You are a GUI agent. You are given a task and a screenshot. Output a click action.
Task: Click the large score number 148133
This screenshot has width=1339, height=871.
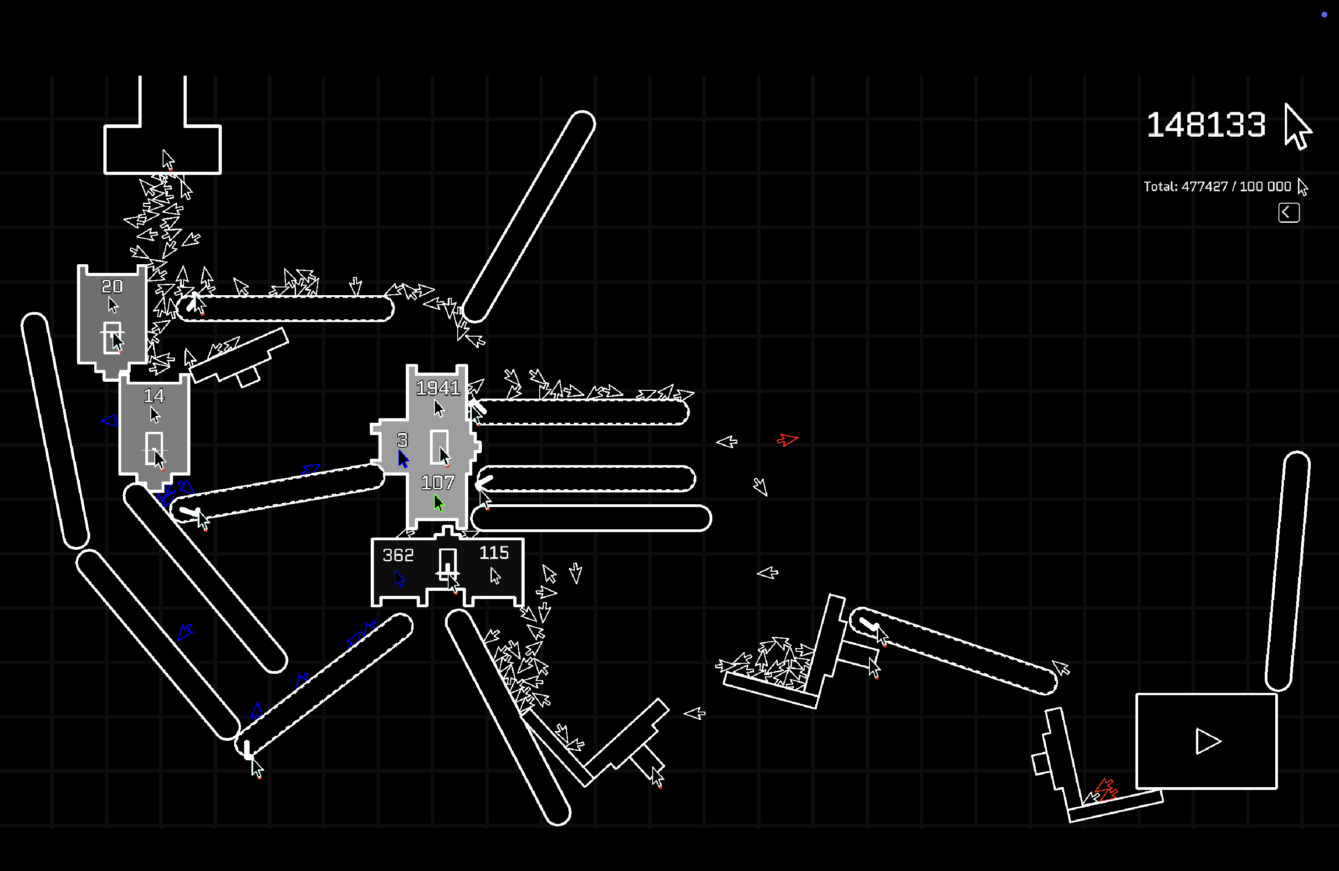click(x=1206, y=125)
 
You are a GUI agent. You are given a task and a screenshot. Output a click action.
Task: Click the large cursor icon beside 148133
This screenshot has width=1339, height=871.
click(x=1297, y=127)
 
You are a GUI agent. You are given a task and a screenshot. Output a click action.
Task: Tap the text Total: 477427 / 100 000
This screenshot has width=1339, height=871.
click(x=1217, y=187)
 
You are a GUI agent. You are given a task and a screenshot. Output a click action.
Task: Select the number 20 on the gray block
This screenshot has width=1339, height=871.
click(x=112, y=287)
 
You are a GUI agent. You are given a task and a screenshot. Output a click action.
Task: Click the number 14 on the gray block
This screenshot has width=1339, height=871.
click(x=153, y=396)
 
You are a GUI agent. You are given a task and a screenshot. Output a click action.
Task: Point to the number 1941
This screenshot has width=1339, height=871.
click(x=438, y=388)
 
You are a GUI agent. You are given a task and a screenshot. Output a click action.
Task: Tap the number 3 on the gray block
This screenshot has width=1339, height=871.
click(x=402, y=440)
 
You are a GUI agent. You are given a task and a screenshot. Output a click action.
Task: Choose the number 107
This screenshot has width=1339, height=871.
click(x=437, y=483)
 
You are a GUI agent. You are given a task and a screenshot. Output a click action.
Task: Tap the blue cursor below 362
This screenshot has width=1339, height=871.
click(x=399, y=579)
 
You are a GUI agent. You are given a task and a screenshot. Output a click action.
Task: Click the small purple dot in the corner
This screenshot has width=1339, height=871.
click(x=1324, y=15)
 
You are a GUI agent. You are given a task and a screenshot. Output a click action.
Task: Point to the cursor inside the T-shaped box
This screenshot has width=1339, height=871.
click(x=168, y=159)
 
